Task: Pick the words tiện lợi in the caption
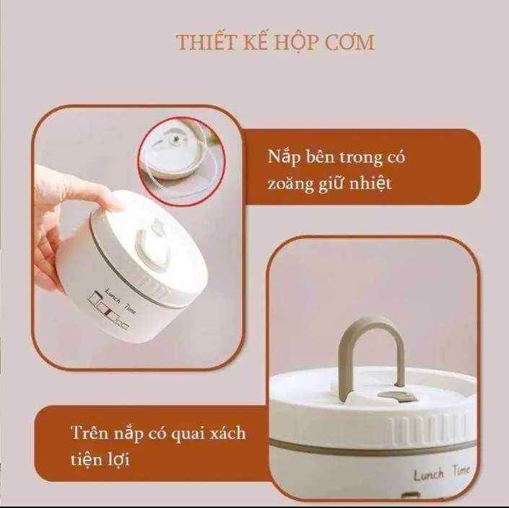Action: tap(100, 459)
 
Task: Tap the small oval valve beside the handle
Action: tap(397, 397)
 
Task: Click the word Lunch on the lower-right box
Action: tap(429, 475)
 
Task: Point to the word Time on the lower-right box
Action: tap(461, 470)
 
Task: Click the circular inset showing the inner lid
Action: tap(182, 161)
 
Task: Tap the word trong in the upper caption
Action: tap(360, 158)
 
